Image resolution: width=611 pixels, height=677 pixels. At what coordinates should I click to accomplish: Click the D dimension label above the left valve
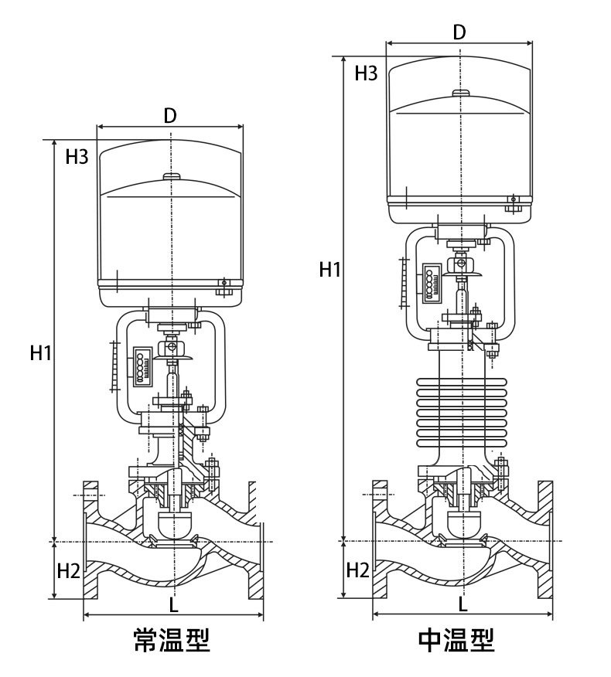[170, 115]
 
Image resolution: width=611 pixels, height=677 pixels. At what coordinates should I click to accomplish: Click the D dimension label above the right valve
[459, 32]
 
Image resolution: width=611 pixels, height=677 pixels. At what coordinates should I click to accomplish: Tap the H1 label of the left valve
[41, 352]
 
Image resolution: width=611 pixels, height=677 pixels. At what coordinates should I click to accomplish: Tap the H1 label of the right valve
[329, 270]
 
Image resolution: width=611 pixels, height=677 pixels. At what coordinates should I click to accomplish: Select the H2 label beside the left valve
[69, 571]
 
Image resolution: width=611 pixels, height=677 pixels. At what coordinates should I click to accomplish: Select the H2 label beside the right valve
[358, 570]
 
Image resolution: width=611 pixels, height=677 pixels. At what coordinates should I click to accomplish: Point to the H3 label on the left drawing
[77, 157]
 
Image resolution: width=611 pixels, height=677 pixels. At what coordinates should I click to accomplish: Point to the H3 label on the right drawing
[366, 73]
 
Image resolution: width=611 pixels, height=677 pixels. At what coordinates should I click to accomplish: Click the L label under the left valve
[173, 605]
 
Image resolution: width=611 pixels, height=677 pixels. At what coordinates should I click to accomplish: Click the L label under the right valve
[463, 604]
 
